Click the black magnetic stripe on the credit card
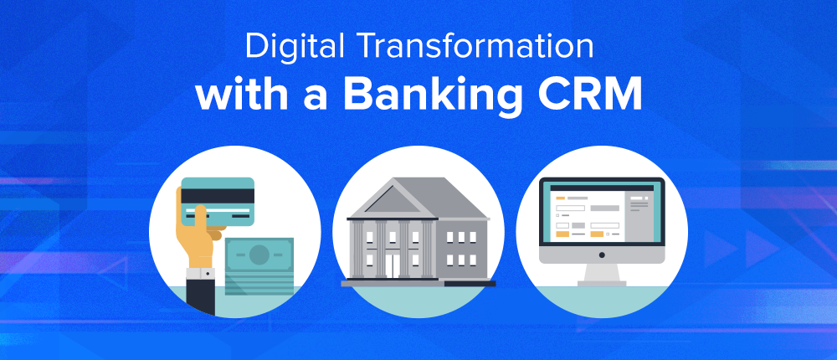[218, 196]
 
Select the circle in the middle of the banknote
[259, 254]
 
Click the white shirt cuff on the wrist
[200, 275]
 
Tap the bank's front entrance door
[393, 265]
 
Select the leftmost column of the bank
[357, 249]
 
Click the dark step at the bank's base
[470, 283]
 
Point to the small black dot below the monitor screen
[602, 255]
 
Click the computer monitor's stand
[602, 275]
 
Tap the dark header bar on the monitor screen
[602, 188]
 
